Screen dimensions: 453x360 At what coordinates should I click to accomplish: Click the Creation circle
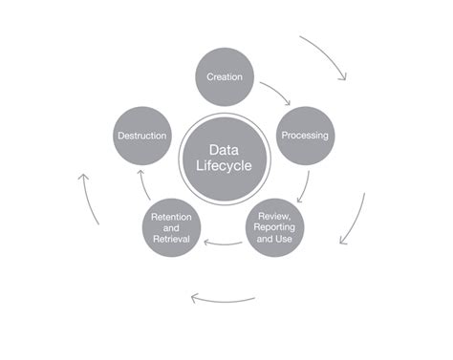tap(225, 77)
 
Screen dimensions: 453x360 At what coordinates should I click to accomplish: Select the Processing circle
tap(305, 136)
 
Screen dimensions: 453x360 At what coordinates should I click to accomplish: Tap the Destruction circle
tap(142, 136)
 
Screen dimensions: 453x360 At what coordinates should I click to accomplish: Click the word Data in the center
tap(224, 150)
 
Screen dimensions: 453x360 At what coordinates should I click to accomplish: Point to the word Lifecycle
tap(224, 165)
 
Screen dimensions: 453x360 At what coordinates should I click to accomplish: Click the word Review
tap(274, 217)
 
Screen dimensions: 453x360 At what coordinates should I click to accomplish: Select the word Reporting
tap(274, 227)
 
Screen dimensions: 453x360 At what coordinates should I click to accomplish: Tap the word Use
tap(284, 239)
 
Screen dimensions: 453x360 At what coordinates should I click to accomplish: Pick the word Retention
tap(171, 217)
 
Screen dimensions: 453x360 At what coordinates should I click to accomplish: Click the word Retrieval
tap(171, 239)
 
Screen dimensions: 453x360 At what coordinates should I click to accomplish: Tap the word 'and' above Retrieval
tap(171, 228)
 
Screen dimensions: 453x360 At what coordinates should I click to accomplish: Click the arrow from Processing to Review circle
tap(305, 187)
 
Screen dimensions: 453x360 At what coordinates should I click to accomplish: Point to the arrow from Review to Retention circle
tap(223, 244)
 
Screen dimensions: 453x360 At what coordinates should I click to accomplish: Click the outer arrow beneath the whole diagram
tap(223, 301)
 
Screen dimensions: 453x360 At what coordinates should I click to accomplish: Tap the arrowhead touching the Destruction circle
tap(140, 172)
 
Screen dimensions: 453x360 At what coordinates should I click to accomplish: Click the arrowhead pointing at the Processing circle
tap(288, 102)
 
